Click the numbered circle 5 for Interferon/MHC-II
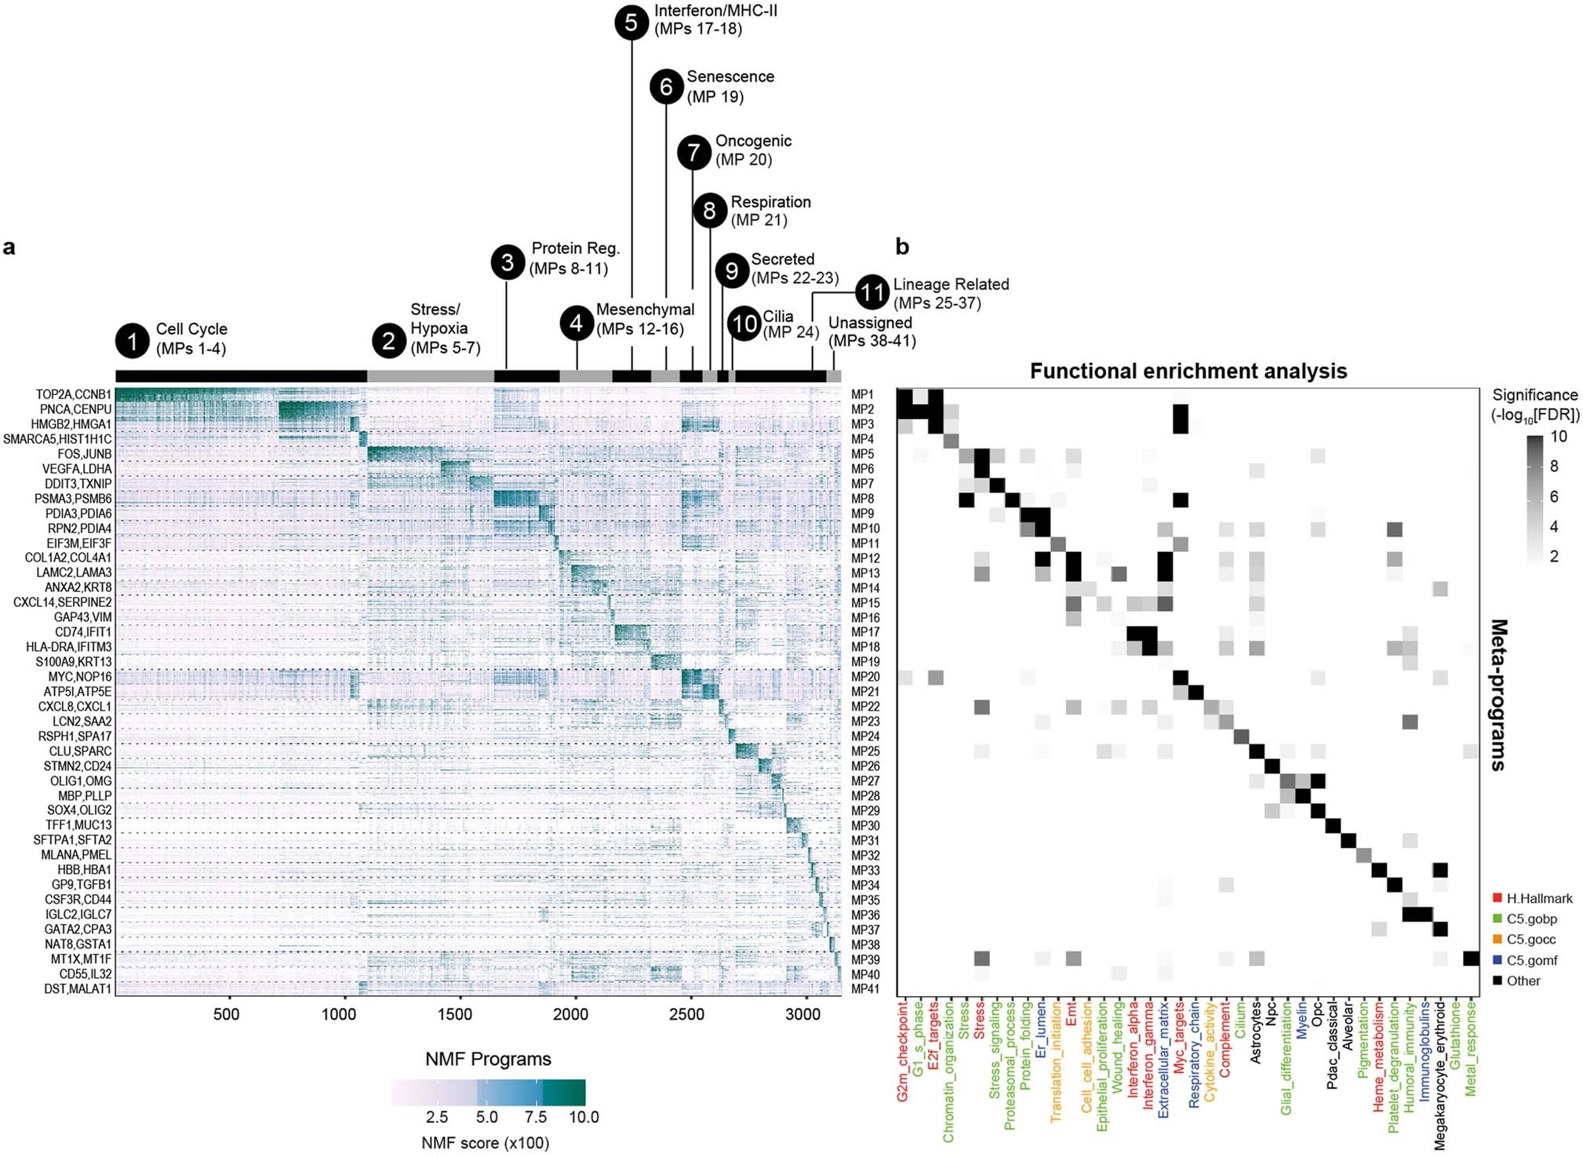click(x=631, y=22)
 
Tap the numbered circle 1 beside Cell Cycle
click(x=132, y=340)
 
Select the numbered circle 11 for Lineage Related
click(x=872, y=293)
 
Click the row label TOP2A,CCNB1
click(x=73, y=394)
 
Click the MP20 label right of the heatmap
click(x=865, y=677)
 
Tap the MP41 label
click(x=865, y=989)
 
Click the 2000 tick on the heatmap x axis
click(x=570, y=1014)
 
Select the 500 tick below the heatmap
click(x=226, y=1014)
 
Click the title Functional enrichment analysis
click(x=1188, y=371)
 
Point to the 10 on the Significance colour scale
click(x=1559, y=437)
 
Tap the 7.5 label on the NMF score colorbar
click(x=536, y=1117)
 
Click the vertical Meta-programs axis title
click(x=1497, y=695)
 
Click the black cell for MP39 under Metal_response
click(x=1471, y=958)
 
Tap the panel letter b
click(x=902, y=247)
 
